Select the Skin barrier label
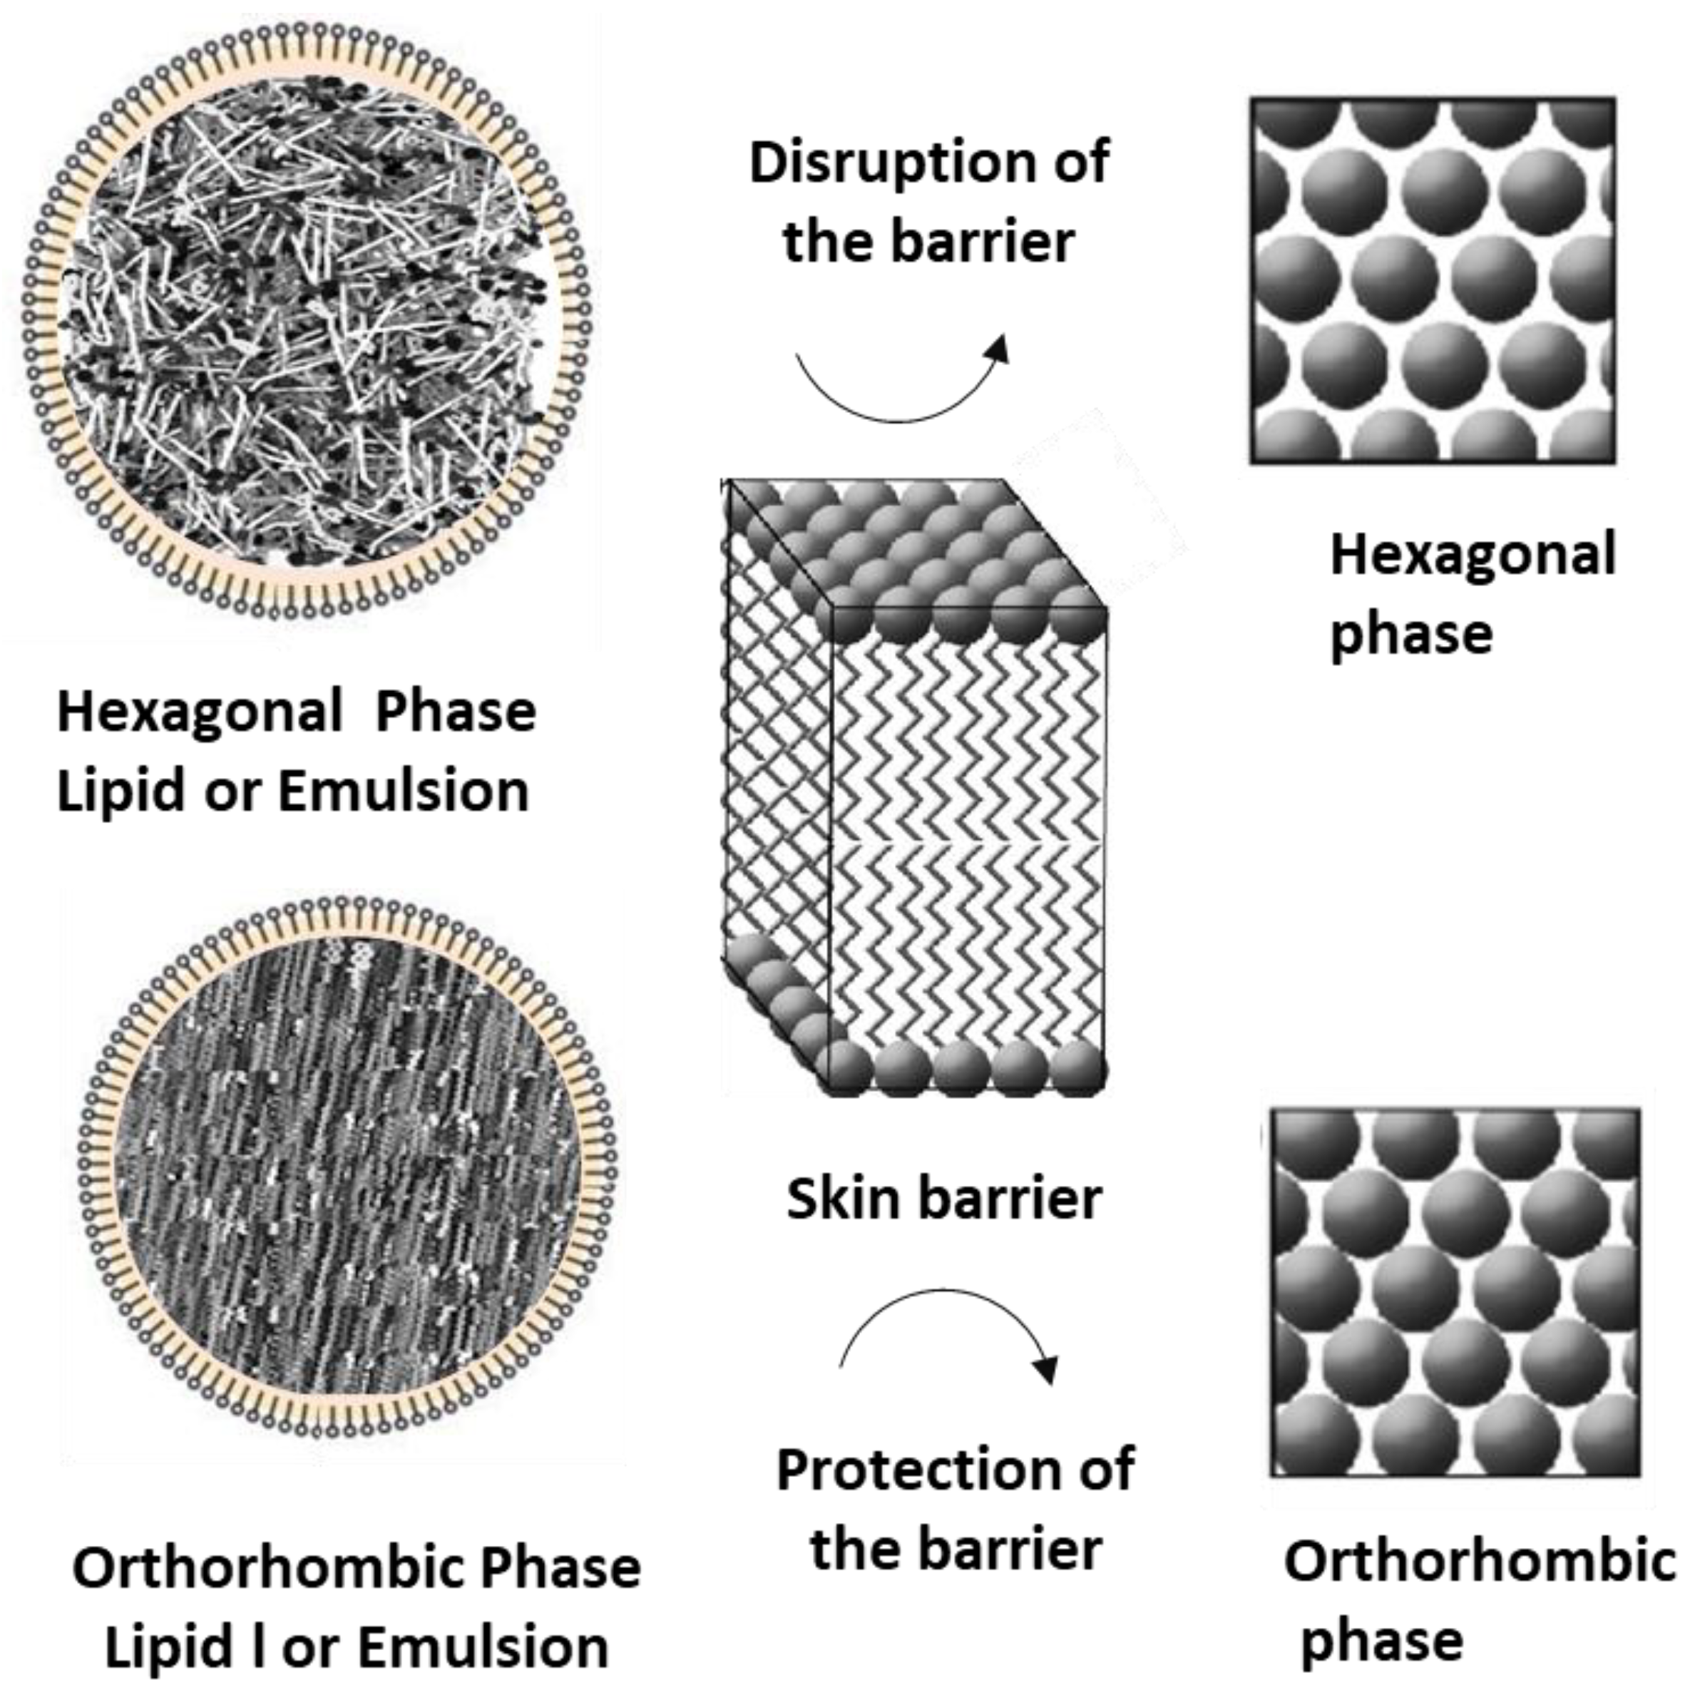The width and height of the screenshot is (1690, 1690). [943, 1199]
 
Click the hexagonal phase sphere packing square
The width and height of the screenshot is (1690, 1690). [1432, 280]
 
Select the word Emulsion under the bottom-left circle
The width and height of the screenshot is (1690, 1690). [483, 1647]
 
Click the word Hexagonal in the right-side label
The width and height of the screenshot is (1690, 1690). [1473, 556]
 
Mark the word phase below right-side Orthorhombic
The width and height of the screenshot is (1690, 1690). [1381, 1640]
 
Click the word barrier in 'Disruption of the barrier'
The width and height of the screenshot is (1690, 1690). [983, 242]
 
